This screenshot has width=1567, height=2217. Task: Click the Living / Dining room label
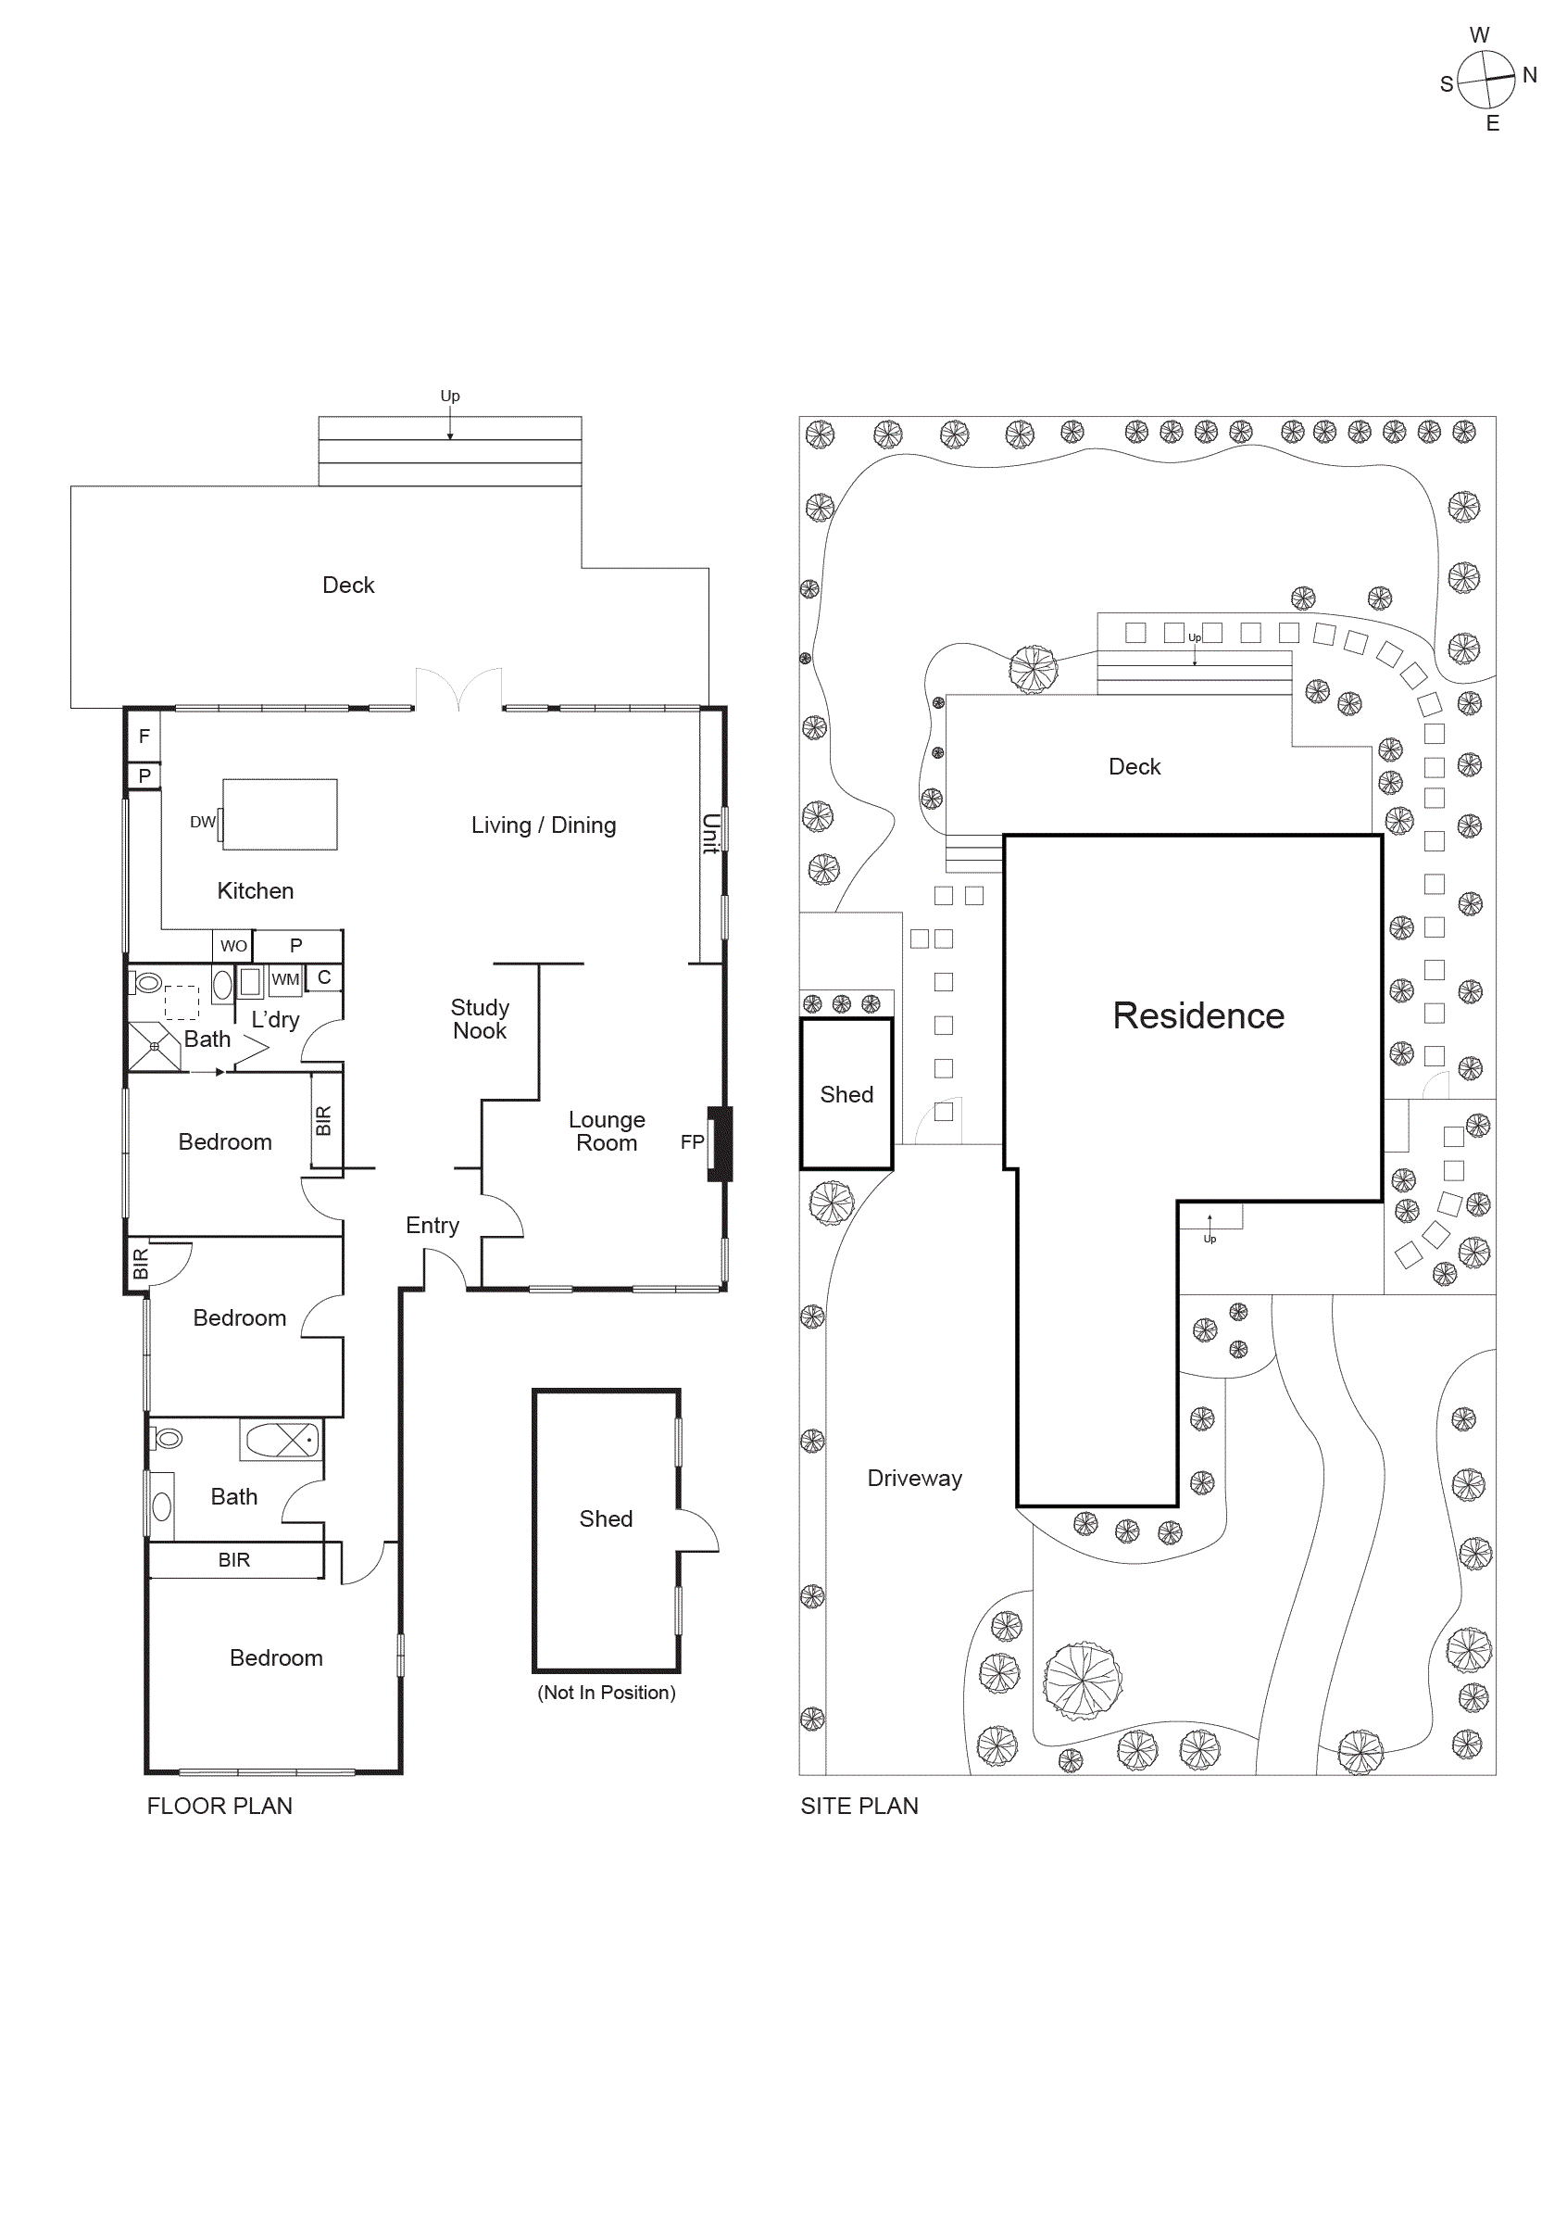(543, 825)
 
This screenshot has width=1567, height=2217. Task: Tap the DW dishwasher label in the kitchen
(203, 822)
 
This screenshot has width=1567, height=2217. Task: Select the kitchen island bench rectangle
(280, 814)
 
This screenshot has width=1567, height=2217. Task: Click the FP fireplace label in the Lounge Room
(691, 1141)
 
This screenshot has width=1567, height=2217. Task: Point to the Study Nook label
(480, 1019)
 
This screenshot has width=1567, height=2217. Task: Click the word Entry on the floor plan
(432, 1226)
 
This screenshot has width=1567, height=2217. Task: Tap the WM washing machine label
(285, 979)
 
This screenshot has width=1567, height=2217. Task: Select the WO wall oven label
(233, 946)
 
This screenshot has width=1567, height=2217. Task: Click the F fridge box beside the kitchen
(144, 736)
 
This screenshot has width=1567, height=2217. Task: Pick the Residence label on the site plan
(1197, 1015)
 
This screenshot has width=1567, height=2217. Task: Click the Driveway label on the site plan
(913, 1479)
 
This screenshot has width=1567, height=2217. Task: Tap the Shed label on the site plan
(846, 1094)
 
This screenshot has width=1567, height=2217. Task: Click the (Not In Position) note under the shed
(607, 1693)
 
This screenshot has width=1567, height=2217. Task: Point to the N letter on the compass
(1529, 74)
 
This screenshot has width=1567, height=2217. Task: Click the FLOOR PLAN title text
(219, 1806)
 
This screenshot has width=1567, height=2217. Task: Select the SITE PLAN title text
(859, 1806)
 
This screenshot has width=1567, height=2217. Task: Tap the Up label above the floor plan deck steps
(450, 396)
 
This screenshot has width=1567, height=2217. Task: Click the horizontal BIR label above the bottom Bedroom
(233, 1559)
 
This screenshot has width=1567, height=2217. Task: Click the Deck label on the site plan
(1134, 767)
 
